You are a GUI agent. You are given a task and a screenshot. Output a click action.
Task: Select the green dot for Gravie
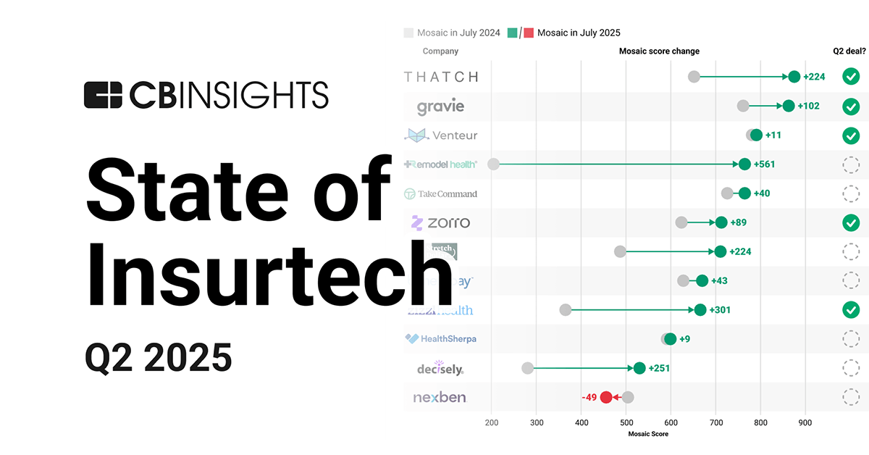[789, 107]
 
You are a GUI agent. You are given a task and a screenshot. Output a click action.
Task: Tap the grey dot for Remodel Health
[493, 164]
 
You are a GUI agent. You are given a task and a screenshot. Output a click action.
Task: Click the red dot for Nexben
[607, 397]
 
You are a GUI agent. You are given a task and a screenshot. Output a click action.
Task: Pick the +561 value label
[764, 164]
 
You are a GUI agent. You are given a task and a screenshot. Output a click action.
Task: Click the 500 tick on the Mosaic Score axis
[626, 422]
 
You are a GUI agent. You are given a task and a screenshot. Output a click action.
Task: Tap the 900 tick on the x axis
[805, 422]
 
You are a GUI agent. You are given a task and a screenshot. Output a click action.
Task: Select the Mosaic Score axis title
[648, 434]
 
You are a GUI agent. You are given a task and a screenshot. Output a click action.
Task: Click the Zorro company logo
[440, 223]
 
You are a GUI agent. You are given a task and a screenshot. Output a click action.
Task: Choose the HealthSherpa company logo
[440, 339]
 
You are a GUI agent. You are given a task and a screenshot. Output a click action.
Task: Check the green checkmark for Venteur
[851, 135]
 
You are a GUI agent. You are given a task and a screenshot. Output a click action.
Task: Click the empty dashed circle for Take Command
[851, 193]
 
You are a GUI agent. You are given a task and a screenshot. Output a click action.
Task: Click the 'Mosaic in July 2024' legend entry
[453, 33]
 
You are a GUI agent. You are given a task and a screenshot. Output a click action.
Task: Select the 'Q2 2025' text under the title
[159, 357]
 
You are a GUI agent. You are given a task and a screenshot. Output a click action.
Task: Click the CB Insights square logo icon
[103, 96]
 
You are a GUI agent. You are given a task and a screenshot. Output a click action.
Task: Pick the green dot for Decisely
[639, 368]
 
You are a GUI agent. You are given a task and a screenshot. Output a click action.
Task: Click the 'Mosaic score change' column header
[659, 51]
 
